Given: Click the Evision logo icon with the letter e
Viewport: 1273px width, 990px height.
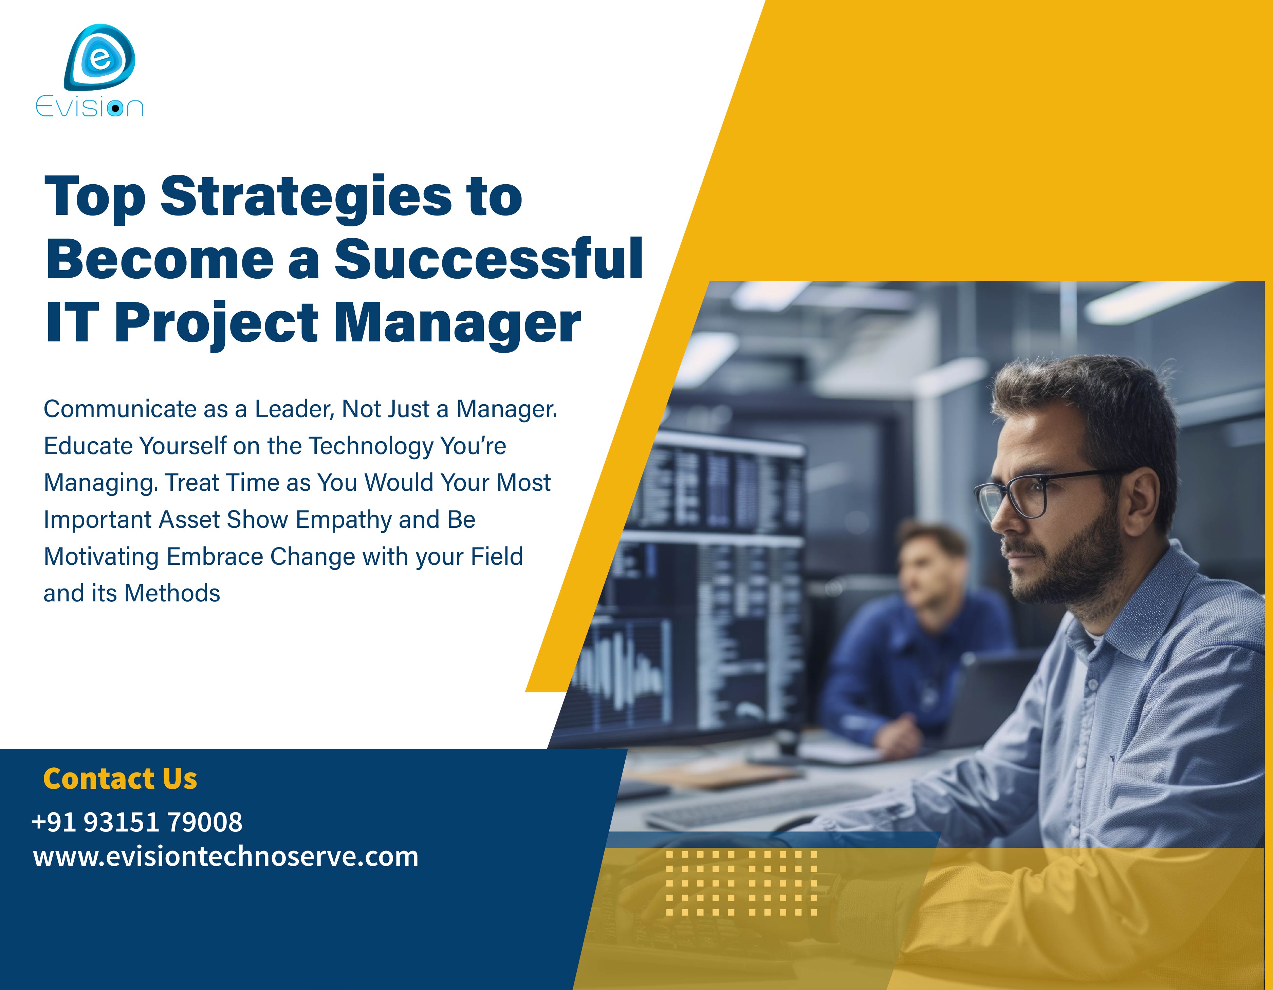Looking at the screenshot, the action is click(100, 57).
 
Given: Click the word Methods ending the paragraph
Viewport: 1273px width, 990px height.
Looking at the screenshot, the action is click(172, 594).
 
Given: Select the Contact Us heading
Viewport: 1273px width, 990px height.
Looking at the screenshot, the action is click(120, 779).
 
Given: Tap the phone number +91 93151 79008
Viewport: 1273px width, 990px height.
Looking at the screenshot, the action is click(137, 822).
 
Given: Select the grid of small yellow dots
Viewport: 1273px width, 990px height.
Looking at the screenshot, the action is click(741, 883).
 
